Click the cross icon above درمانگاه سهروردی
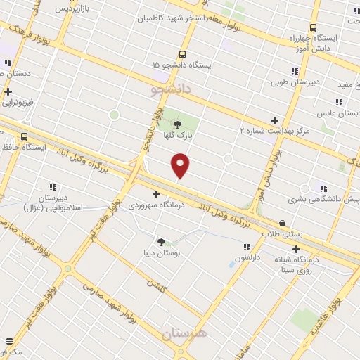156,194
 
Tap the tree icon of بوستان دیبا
161,241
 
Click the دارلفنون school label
247,258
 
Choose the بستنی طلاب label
282,233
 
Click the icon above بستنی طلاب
282,222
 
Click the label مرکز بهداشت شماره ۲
274,131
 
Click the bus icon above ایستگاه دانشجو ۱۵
183,53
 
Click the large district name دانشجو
172,91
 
